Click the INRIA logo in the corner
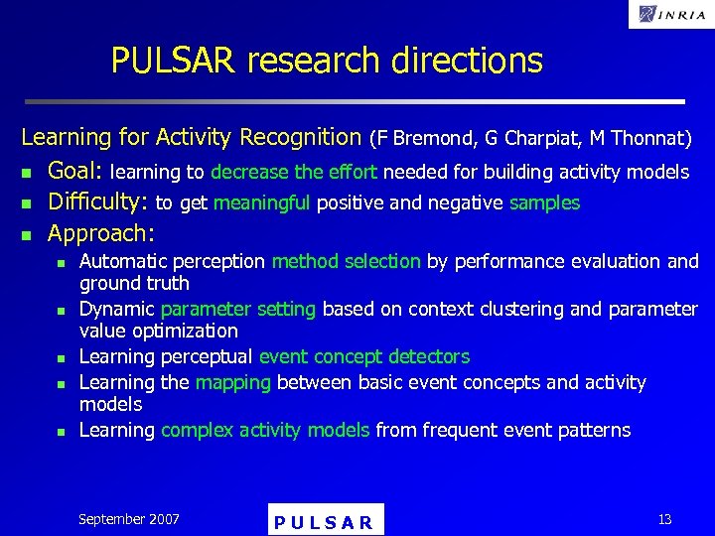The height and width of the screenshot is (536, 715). coord(670,14)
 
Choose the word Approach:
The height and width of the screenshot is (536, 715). coord(101,234)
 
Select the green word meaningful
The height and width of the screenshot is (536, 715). coord(261,203)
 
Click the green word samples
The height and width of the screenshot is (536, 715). coord(544,203)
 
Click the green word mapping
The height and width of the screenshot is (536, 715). coord(230,383)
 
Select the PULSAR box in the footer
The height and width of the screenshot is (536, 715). coord(325,521)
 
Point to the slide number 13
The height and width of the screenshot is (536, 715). coord(664,519)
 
